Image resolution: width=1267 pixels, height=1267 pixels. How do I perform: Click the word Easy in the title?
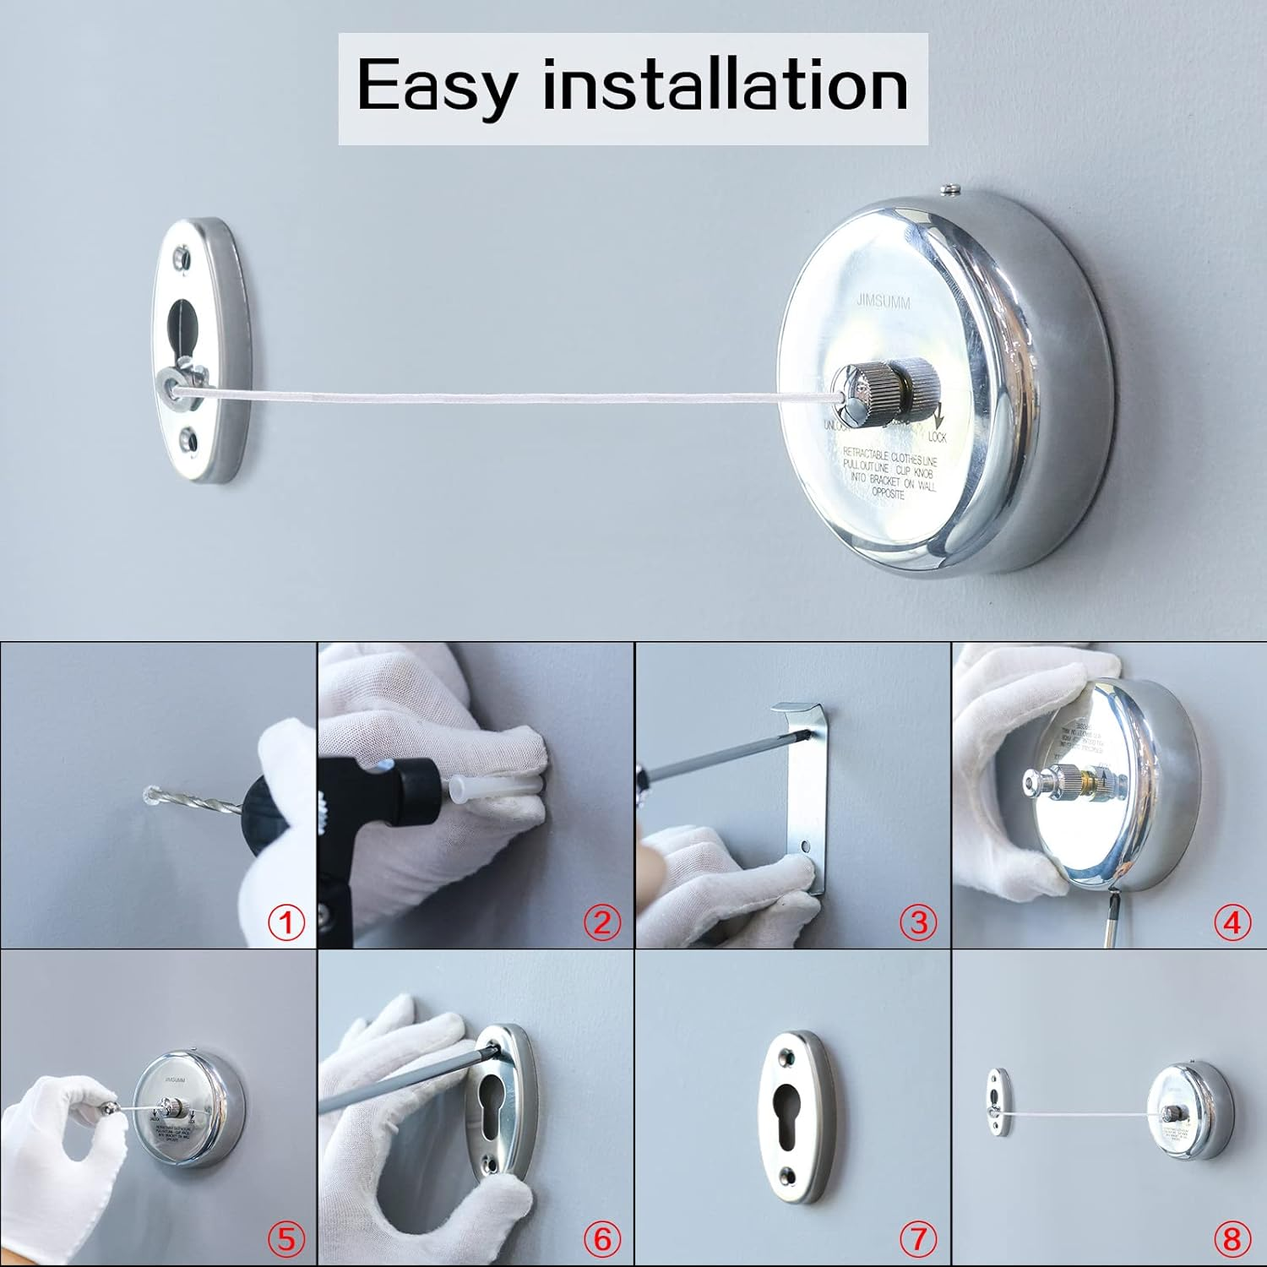436,86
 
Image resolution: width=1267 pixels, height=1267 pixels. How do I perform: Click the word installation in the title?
725,84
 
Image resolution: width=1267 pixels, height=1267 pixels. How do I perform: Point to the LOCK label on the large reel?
937,438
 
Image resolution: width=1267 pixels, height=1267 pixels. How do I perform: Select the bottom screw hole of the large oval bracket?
190,440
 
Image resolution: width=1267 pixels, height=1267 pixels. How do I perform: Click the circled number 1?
286,922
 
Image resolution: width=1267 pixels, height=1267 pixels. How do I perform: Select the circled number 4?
1232,922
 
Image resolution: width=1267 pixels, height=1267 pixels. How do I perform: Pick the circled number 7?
917,1238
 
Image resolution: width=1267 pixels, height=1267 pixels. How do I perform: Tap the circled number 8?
1232,1238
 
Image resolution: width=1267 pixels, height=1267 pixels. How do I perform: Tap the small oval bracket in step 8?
998,1097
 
